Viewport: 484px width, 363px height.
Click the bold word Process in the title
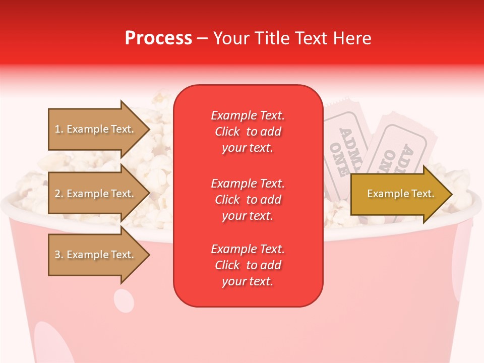(158, 38)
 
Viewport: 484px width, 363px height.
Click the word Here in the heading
(351, 38)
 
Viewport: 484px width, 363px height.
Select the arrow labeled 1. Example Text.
(96, 129)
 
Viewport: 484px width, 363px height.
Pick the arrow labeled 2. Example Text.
(96, 194)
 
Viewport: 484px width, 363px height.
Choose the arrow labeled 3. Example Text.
(96, 255)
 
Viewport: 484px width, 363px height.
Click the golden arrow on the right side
(398, 194)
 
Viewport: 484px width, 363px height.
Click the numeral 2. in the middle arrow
(59, 194)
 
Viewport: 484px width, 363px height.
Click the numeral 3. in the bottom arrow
(59, 255)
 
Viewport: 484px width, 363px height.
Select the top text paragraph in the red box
(248, 132)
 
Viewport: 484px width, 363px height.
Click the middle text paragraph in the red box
(248, 200)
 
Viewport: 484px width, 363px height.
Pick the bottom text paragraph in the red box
(248, 265)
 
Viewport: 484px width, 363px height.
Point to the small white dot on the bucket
(124, 301)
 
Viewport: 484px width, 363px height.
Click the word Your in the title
(231, 38)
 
